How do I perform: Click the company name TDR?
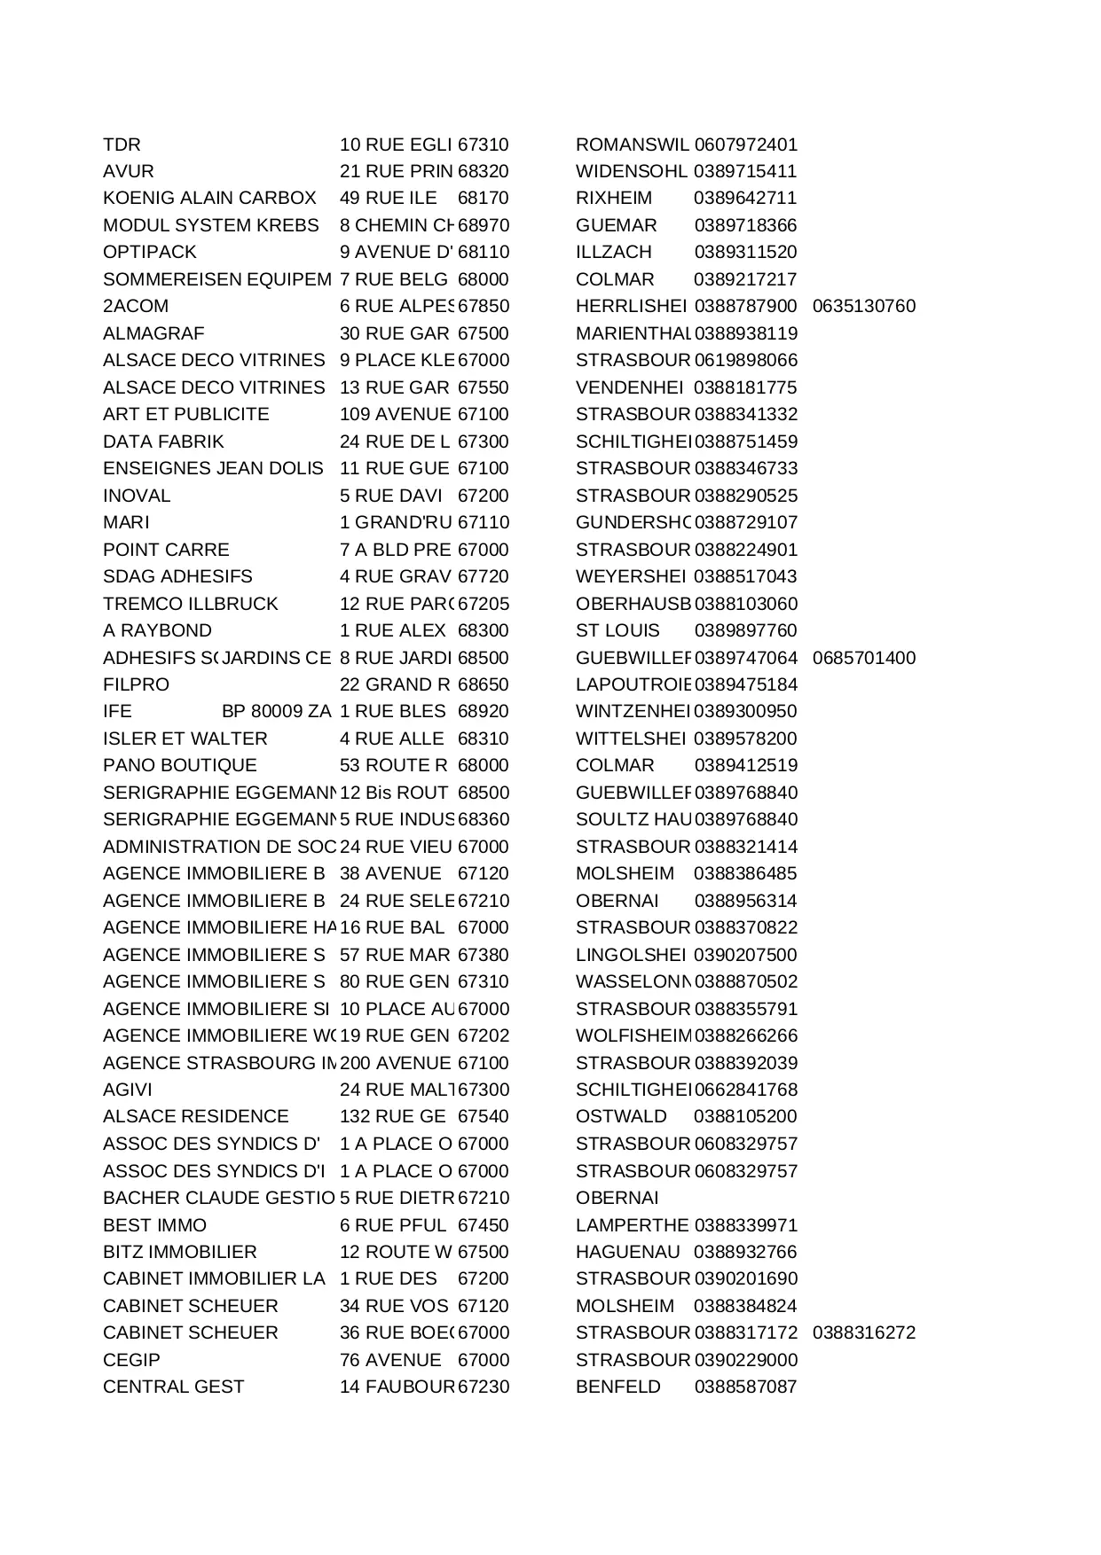pyautogui.click(x=122, y=145)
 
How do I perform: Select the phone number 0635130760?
pyautogui.click(x=863, y=307)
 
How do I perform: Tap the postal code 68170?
pyautogui.click(x=483, y=199)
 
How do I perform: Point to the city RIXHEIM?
pyautogui.click(x=613, y=199)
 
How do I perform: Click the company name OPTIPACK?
pyautogui.click(x=149, y=253)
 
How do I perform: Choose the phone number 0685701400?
pyautogui.click(x=863, y=658)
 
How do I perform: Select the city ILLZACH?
pyautogui.click(x=613, y=253)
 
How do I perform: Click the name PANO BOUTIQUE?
pyautogui.click(x=179, y=766)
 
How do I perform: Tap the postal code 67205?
pyautogui.click(x=483, y=604)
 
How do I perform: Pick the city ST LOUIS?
pyautogui.click(x=617, y=631)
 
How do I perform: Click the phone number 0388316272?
pyautogui.click(x=863, y=1333)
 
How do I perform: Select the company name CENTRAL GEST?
pyautogui.click(x=173, y=1387)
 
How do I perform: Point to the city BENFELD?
pyautogui.click(x=617, y=1387)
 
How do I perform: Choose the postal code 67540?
pyautogui.click(x=483, y=1117)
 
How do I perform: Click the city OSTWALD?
pyautogui.click(x=620, y=1117)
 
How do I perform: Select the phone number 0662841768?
pyautogui.click(x=745, y=1090)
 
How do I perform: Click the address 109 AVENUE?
pyautogui.click(x=395, y=415)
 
